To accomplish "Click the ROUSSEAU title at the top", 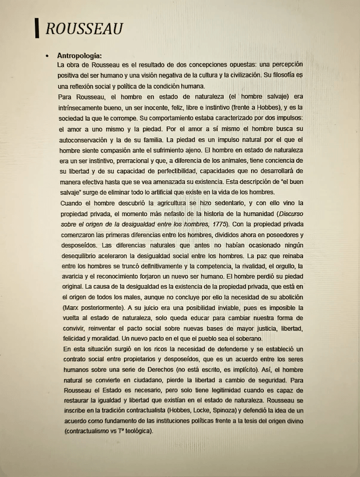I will [x=84, y=29].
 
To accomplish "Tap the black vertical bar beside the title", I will [x=37, y=28].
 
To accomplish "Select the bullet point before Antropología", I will [x=48, y=56].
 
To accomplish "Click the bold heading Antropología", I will [x=80, y=56].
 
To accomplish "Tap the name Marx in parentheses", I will [x=70, y=308].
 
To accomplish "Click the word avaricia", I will [x=70, y=277].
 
